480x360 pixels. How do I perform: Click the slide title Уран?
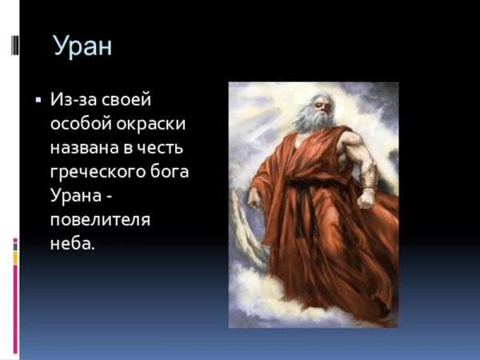click(83, 46)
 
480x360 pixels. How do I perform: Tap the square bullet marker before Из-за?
click(38, 101)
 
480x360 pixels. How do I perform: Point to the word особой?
click(80, 125)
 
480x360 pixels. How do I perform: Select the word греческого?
click(99, 173)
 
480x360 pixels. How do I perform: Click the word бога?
click(174, 173)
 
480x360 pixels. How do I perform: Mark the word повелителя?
click(99, 221)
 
